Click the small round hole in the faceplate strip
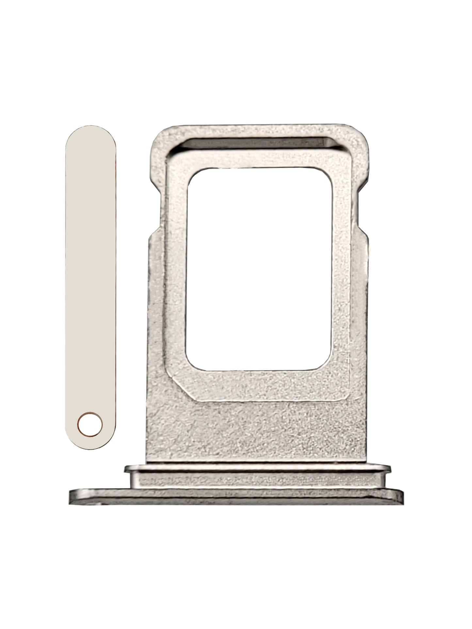point(90,425)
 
